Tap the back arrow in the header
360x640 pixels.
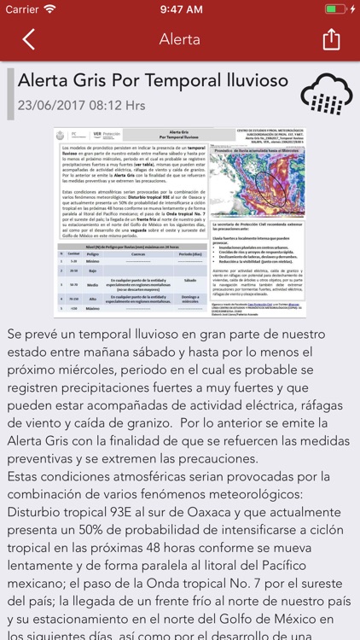coord(29,39)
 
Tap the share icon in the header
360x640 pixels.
coord(331,39)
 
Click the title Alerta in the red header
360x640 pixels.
coord(180,39)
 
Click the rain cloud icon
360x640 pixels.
coord(326,94)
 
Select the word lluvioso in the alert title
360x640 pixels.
coord(246,82)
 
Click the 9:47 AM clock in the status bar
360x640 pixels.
coord(180,9)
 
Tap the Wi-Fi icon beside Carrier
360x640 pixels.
coord(51,9)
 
